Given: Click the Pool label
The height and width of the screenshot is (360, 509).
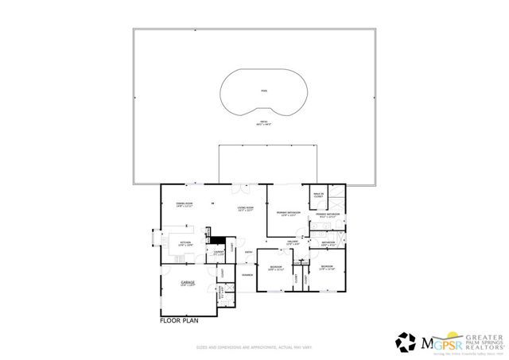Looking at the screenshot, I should coord(264,91).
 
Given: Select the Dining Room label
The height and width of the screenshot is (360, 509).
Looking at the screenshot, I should coord(185,205).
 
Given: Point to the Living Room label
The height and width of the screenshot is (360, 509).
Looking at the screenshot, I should coord(245,210).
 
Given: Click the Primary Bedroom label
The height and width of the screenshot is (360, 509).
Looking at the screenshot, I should coord(286,214).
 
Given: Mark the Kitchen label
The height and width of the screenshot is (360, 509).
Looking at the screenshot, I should coord(185,244).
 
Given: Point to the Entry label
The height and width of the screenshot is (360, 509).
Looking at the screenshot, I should coord(248,254).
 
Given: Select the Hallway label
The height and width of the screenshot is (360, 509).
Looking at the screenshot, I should coord(292,242).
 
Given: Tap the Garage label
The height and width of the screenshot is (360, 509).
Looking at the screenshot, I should coord(188,284).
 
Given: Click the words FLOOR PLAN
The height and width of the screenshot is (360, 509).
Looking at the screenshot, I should coord(178,322).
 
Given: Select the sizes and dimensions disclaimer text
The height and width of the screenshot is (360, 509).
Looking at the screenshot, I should coord(254,348).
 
